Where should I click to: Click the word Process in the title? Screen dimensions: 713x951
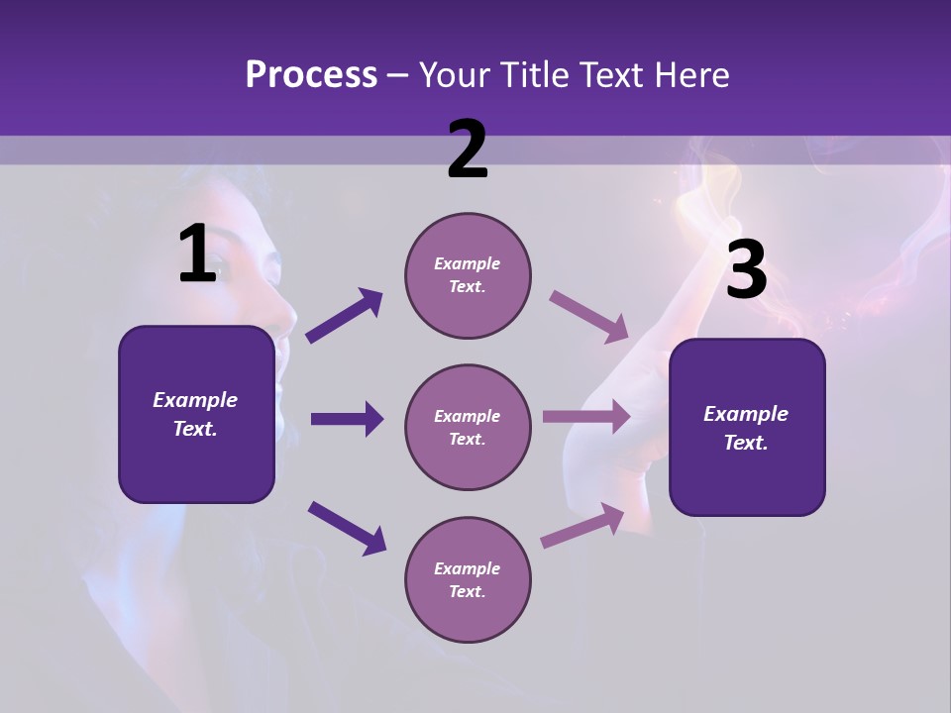click(x=311, y=75)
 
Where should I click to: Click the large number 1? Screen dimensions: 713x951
click(x=197, y=255)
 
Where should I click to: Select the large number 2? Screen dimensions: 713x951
click(x=468, y=150)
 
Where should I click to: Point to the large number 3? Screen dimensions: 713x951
click(x=746, y=269)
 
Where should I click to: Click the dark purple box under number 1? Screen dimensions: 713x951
click(x=196, y=414)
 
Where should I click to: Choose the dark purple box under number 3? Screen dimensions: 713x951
click(x=747, y=427)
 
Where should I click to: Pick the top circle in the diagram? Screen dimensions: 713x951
click(x=468, y=275)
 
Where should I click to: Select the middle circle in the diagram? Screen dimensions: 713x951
click(x=468, y=427)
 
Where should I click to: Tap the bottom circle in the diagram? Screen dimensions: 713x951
click(x=468, y=579)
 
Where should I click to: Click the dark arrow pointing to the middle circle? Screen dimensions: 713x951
click(x=347, y=419)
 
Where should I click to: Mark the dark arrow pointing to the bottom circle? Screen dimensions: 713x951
click(x=347, y=527)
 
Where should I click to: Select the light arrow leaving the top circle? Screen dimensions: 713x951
click(x=589, y=317)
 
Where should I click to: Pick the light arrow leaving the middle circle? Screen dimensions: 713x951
click(x=586, y=416)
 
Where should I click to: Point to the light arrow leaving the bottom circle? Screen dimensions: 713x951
click(x=582, y=525)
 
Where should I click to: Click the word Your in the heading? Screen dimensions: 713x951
click(x=454, y=75)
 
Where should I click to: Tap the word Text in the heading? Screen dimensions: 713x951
click(x=606, y=75)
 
